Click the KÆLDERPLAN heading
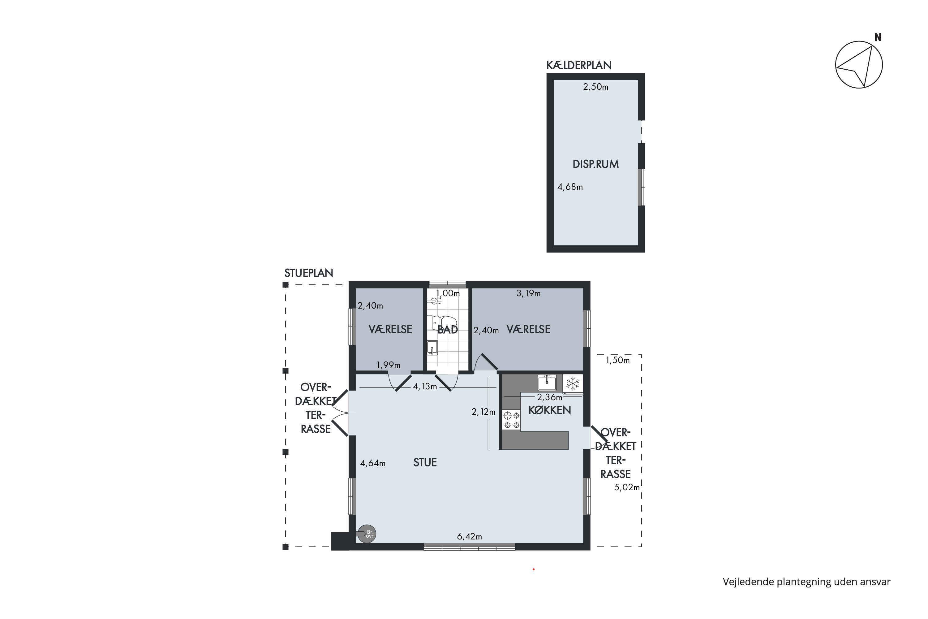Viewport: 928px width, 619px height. tap(579, 66)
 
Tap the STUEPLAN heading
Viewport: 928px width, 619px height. tap(308, 273)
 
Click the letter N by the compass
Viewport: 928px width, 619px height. tap(878, 37)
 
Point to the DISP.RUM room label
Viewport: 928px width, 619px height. tap(595, 164)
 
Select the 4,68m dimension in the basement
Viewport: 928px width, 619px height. tap(570, 187)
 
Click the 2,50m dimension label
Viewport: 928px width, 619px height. tap(596, 87)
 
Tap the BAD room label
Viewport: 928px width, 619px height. tap(448, 330)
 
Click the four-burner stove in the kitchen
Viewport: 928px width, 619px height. tap(511, 420)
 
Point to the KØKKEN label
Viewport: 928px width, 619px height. tap(550, 411)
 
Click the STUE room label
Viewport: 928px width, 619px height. tap(425, 463)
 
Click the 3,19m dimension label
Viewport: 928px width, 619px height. tap(528, 293)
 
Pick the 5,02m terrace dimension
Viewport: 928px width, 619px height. tap(627, 487)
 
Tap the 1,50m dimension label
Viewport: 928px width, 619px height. tap(617, 360)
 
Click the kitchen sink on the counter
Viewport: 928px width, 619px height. tap(547, 383)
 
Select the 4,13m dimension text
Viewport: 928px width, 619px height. tap(425, 387)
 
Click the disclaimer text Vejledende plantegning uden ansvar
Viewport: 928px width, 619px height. tap(806, 582)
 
